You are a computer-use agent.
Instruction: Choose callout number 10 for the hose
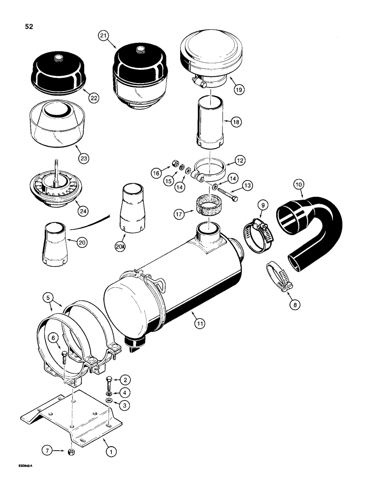tap(298, 184)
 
